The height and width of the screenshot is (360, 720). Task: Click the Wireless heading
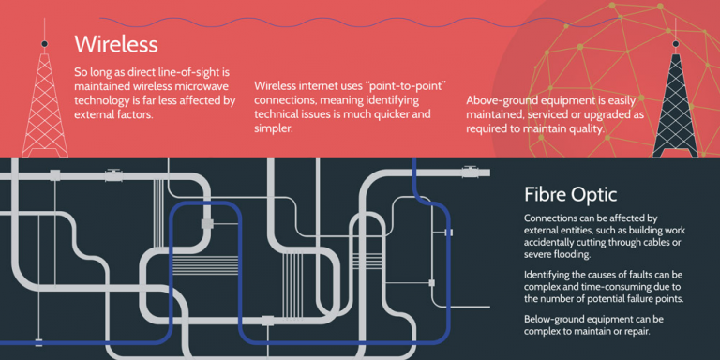tap(115, 44)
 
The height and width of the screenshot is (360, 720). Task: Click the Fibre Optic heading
tap(570, 195)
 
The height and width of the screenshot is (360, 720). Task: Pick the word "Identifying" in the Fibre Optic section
tap(554, 274)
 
